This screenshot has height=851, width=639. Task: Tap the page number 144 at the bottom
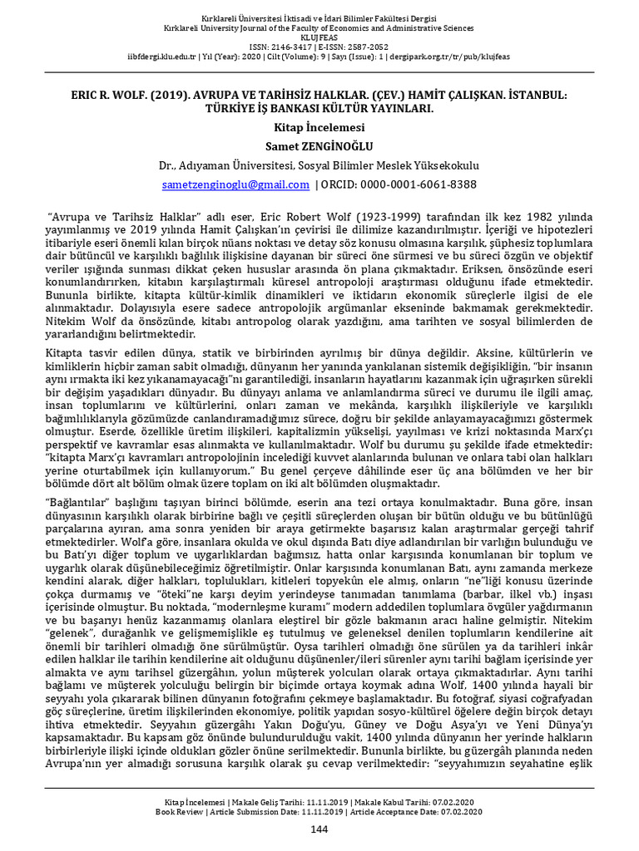319,829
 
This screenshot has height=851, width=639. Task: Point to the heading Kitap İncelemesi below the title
319,129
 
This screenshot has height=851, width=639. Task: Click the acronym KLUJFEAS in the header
319,37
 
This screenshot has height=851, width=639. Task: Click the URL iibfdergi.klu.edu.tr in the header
166,57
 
